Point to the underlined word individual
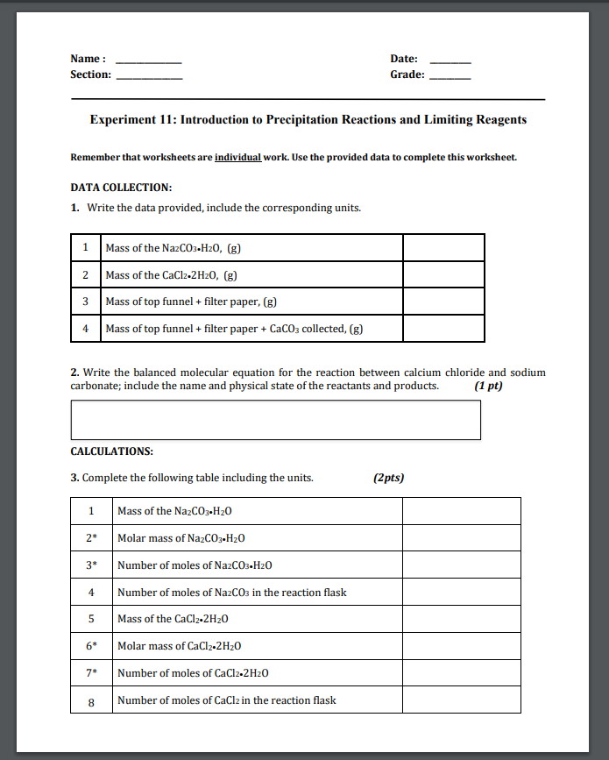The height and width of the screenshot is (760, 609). [237, 158]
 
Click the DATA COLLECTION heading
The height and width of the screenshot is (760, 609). [121, 188]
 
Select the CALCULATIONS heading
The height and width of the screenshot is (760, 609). [112, 451]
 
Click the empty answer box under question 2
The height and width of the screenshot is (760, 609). [275, 420]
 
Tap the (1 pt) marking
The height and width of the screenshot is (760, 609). [488, 386]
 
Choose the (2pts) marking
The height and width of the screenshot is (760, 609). [388, 478]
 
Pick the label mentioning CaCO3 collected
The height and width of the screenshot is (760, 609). [234, 329]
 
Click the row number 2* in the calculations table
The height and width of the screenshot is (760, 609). [91, 538]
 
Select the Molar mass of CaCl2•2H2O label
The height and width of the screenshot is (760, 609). [179, 646]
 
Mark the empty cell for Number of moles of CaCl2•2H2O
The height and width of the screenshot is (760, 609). [461, 673]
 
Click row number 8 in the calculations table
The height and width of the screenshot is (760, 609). [91, 700]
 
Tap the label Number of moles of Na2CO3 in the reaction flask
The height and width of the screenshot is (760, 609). [231, 593]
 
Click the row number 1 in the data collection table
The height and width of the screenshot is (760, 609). [85, 247]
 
